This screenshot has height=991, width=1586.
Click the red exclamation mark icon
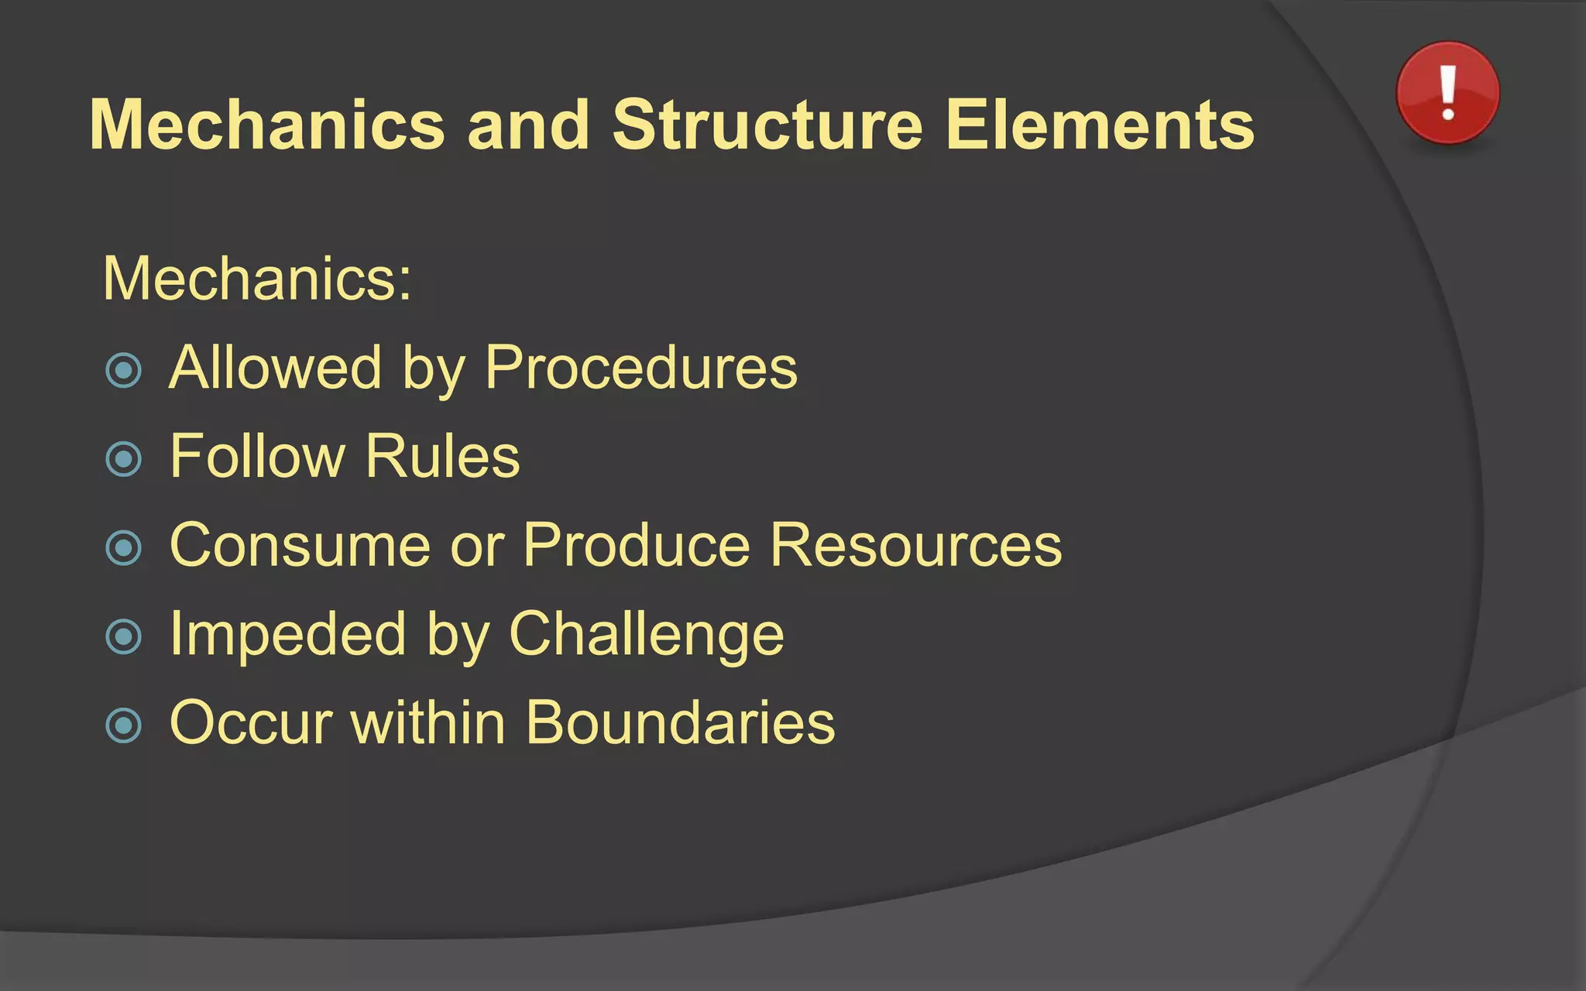tap(1447, 93)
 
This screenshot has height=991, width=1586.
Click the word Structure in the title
tap(767, 125)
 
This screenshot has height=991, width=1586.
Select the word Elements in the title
tap(1100, 125)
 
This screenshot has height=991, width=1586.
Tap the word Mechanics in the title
tap(267, 125)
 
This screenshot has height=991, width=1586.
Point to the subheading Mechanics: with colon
tap(257, 279)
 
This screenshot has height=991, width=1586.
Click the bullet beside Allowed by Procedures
tap(124, 370)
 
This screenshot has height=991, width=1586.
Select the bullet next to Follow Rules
tap(124, 459)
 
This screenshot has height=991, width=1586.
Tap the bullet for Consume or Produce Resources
tap(124, 548)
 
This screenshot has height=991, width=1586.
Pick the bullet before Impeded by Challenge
tap(124, 637)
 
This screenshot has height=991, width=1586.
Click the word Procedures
tap(641, 368)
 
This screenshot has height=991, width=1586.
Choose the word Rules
tap(442, 457)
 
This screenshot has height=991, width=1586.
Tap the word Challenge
tap(647, 635)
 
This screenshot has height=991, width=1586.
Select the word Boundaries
tap(681, 723)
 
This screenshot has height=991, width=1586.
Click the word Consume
tap(300, 546)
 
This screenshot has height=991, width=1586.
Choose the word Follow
tap(257, 457)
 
